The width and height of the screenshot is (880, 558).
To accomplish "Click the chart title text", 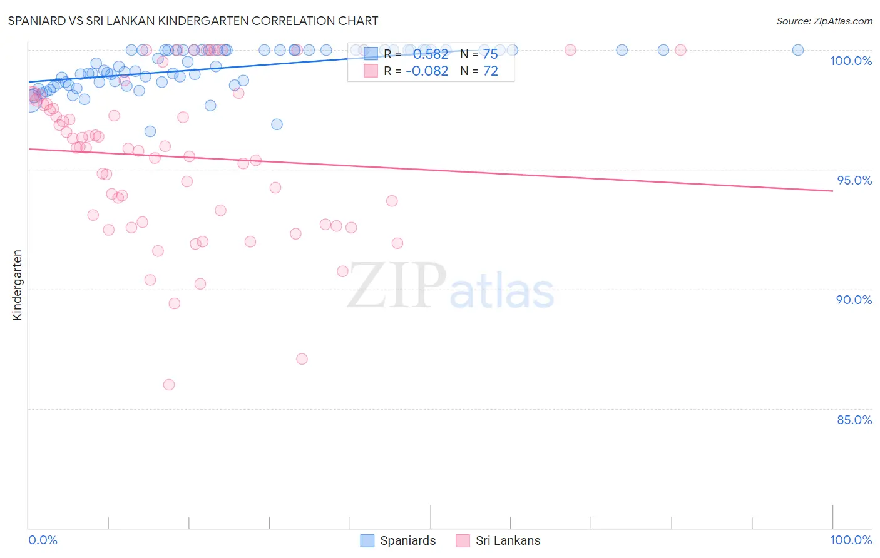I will click(x=193, y=21).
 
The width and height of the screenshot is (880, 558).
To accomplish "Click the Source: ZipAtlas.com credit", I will click(x=824, y=21).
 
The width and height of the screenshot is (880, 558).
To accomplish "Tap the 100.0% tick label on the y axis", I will click(x=851, y=61).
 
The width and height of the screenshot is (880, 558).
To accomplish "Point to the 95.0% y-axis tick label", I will click(x=854, y=180).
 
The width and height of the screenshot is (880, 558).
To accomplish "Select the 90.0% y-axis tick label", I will click(x=854, y=300).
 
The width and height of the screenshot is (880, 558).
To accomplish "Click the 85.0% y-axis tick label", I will click(x=854, y=420).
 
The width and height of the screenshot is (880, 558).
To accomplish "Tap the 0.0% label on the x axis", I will click(x=43, y=540).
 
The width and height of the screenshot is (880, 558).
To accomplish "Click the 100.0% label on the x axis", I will click(x=851, y=540).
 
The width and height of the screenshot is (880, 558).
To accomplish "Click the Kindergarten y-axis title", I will click(x=17, y=285).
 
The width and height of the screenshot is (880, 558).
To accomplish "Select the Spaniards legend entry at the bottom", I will click(x=399, y=540).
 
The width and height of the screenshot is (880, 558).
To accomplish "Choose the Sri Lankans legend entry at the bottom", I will click(x=498, y=540).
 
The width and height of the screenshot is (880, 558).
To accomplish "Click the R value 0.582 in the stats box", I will click(x=431, y=54).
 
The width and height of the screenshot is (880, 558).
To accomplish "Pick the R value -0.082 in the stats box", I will click(x=427, y=71).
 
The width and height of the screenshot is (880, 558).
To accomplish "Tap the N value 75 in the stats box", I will click(x=490, y=54).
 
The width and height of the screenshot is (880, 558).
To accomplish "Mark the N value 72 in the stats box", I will click(x=490, y=71).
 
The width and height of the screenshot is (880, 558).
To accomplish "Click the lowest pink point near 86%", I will click(x=169, y=385).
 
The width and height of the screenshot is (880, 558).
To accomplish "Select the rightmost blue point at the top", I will click(x=798, y=50).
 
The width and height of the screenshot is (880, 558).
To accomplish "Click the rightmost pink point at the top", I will click(x=680, y=50).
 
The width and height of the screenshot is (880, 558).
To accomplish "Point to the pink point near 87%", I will click(x=302, y=359).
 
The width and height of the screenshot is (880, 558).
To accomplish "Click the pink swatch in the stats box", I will click(x=371, y=71).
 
